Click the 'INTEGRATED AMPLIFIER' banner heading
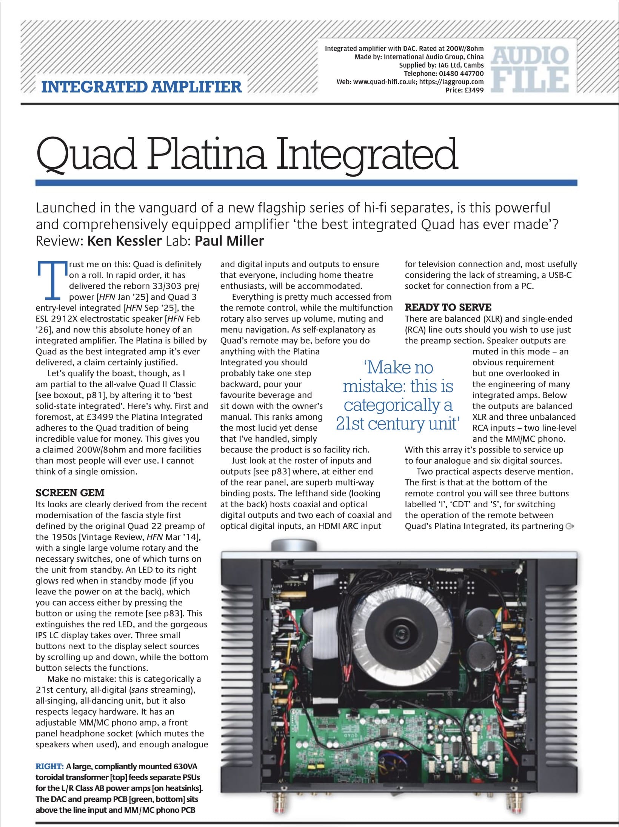pos(141,87)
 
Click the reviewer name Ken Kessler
pos(125,241)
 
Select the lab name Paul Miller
pos(229,241)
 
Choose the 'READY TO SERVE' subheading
pos(448,307)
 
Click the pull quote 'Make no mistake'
pos(398,395)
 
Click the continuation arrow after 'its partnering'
pos(570,527)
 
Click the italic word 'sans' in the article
pos(139,690)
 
